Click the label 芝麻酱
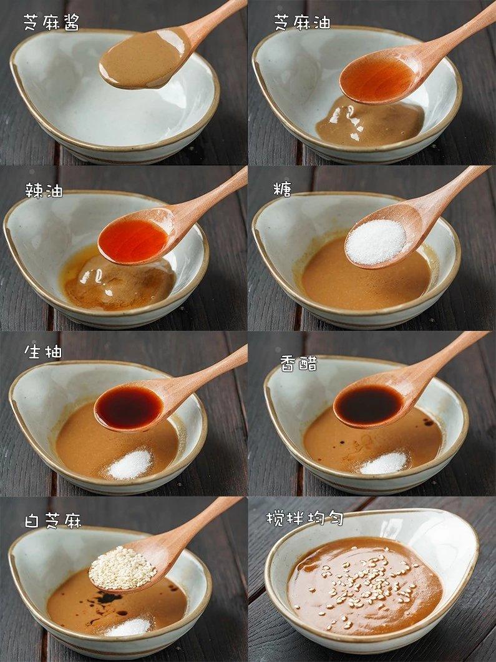[x=51, y=22]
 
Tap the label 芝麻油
[x=302, y=22]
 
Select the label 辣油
[x=44, y=190]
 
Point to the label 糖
[x=283, y=189]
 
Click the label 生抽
[x=43, y=351]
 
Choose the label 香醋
[x=299, y=363]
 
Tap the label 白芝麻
[x=53, y=521]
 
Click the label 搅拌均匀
[x=304, y=518]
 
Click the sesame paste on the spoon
[x=141, y=59]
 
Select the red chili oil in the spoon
[x=133, y=240]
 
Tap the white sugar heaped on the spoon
[x=376, y=242]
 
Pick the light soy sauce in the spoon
[x=129, y=407]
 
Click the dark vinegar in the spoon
[x=368, y=405]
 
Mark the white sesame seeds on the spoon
[x=122, y=568]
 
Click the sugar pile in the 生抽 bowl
[x=130, y=465]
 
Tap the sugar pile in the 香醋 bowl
[x=384, y=463]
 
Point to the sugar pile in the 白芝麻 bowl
[x=129, y=626]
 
